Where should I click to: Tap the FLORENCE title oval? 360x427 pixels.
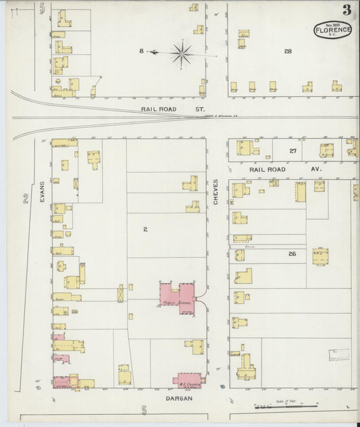[332, 30]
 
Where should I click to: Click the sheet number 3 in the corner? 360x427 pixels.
[346, 9]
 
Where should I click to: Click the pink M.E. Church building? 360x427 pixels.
[190, 378]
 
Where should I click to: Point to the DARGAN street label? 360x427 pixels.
[180, 399]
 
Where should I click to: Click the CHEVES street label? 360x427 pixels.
[216, 193]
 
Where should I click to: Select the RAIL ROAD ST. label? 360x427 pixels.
[163, 108]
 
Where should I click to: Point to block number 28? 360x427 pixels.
[288, 51]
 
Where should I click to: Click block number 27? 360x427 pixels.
[292, 151]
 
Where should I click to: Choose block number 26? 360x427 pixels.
[292, 254]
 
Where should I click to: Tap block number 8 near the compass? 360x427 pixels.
[141, 51]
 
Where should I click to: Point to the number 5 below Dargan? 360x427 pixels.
[144, 409]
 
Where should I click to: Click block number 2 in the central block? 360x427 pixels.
[145, 229]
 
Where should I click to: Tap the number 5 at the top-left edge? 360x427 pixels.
[42, 8]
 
